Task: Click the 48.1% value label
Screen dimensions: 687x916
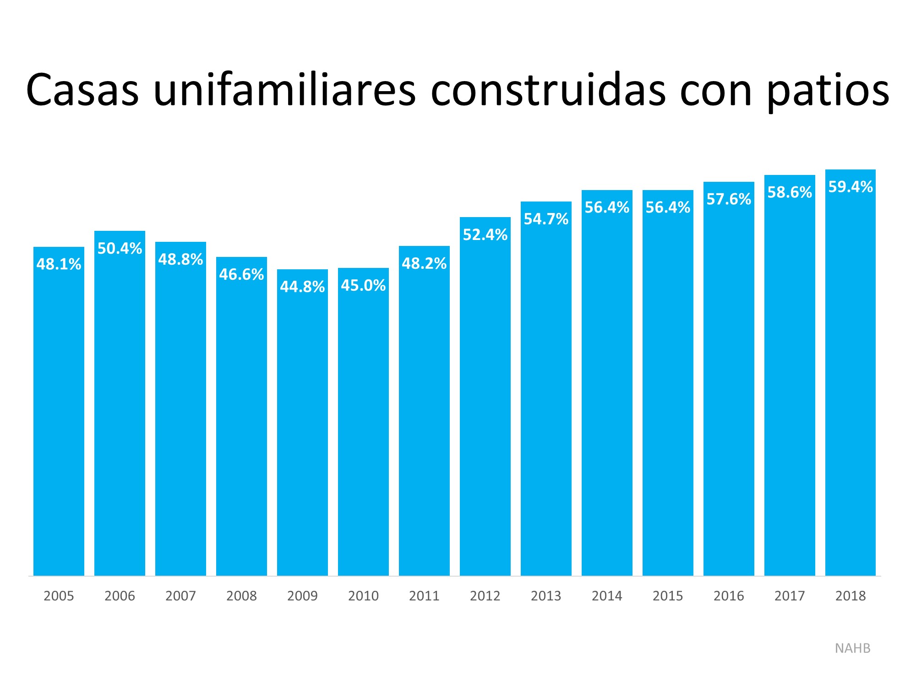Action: pyautogui.click(x=59, y=264)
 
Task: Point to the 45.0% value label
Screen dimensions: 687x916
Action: pyautogui.click(x=363, y=286)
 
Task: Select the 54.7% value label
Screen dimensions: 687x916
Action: pyautogui.click(x=546, y=219)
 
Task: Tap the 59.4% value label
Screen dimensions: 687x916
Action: pyautogui.click(x=851, y=187)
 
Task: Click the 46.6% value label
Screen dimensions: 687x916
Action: pyautogui.click(x=241, y=275)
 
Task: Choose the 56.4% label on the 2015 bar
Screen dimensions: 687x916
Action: pyautogui.click(x=668, y=208)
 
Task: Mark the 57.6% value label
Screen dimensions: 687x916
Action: pyautogui.click(x=729, y=200)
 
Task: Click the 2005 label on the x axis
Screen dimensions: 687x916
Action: pyautogui.click(x=59, y=596)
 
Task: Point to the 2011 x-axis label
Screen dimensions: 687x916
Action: pyautogui.click(x=424, y=596)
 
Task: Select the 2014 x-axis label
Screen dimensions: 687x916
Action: pyautogui.click(x=607, y=596)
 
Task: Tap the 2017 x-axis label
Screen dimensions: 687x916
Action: pyautogui.click(x=790, y=596)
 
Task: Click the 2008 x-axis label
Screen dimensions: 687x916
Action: pyautogui.click(x=241, y=596)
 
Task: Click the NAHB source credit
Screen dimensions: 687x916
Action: pyautogui.click(x=852, y=649)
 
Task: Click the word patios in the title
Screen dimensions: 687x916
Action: pyautogui.click(x=828, y=91)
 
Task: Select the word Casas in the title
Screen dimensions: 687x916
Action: pyautogui.click(x=82, y=91)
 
